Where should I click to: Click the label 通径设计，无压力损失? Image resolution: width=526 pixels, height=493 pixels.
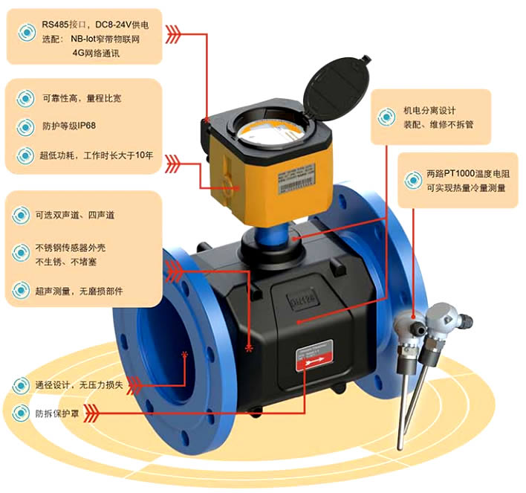78,384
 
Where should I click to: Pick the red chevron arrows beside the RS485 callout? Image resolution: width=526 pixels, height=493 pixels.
173,32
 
